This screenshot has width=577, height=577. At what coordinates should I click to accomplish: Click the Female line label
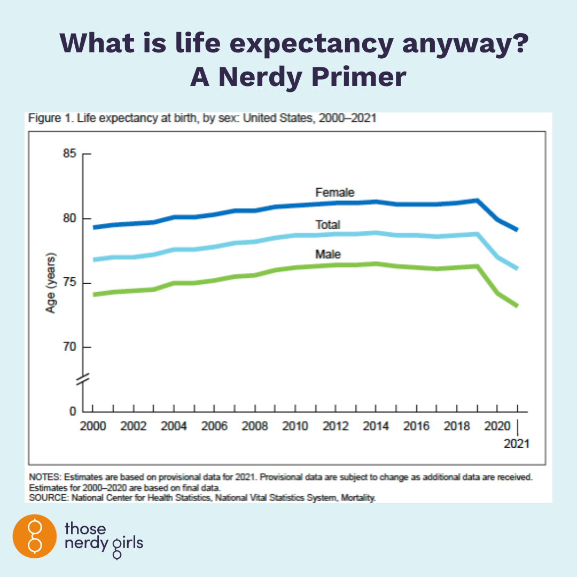tap(334, 192)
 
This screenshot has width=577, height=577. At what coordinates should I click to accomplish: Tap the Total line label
tap(328, 225)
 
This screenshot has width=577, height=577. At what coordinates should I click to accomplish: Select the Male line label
tap(328, 254)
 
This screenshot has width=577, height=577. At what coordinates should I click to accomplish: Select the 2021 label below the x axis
tap(517, 443)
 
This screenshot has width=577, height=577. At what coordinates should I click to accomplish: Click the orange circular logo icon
tap(34, 536)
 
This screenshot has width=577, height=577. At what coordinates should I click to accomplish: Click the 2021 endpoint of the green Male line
tap(517, 306)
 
